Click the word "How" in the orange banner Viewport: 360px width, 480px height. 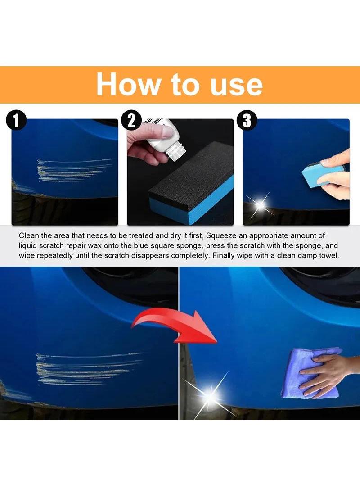[x=127, y=84]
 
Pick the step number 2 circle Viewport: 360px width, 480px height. [x=131, y=120]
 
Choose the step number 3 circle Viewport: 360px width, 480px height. [x=247, y=120]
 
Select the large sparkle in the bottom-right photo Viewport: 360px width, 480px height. [x=210, y=396]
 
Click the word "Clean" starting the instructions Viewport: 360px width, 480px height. [x=28, y=235]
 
